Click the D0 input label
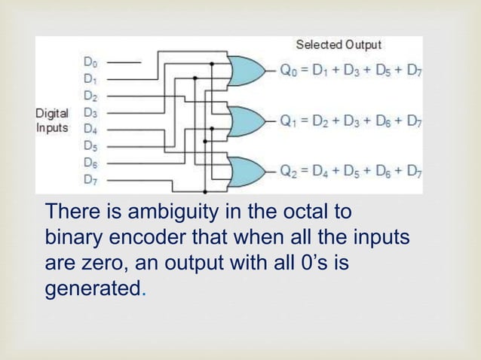tap(90, 61)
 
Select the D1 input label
tap(90, 78)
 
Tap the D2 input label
tap(90, 96)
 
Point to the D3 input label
tap(90, 112)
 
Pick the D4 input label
tap(90, 129)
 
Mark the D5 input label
tap(90, 146)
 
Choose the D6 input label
tap(90, 163)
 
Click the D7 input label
tap(90, 180)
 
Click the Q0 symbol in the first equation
tap(289, 72)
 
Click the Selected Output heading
tap(338, 45)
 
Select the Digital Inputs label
tap(52, 121)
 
